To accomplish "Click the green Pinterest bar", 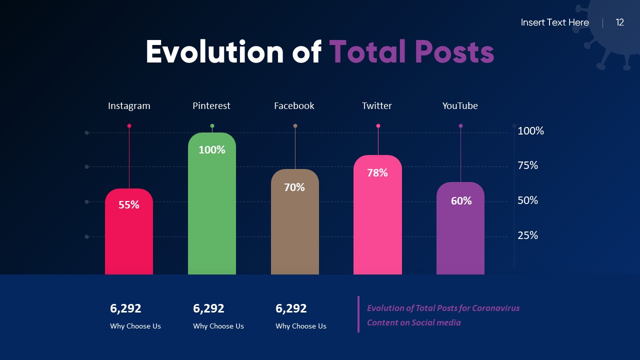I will point(211,210).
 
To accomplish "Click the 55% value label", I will point(129,205).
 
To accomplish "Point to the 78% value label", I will point(377,173).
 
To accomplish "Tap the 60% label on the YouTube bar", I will point(461,201).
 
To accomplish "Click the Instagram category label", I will point(129,106).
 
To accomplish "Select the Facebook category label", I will point(294,106).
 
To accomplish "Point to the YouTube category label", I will point(460,106).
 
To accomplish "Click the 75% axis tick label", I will point(527,165).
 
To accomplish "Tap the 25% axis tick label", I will point(527,235).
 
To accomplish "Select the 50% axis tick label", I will point(527,200).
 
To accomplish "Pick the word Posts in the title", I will point(454,52).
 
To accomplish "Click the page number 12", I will point(620,22).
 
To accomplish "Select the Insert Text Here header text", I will point(554,22).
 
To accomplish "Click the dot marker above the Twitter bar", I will point(378,126).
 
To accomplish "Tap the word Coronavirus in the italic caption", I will point(495,308).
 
